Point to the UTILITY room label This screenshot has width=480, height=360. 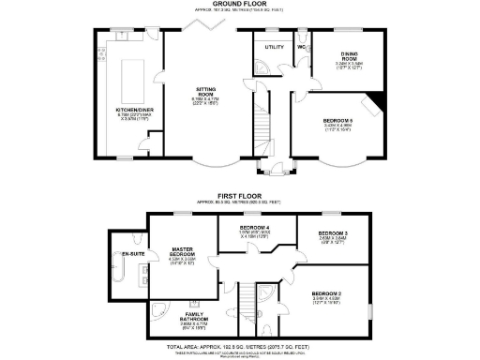[274, 46]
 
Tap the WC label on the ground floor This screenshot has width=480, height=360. [302, 45]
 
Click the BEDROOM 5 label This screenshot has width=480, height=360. [339, 118]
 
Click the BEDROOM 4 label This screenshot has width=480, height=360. [255, 228]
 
